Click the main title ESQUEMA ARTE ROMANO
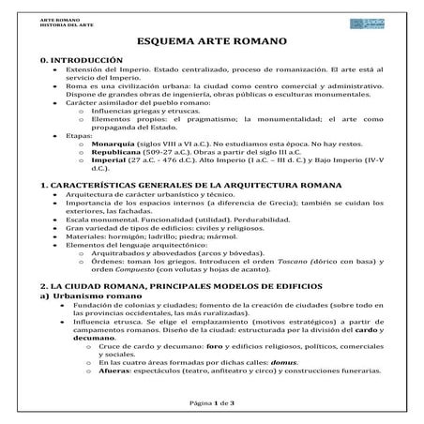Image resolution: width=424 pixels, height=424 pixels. pyautogui.click(x=211, y=41)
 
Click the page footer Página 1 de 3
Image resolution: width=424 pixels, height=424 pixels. pyautogui.click(x=211, y=401)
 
